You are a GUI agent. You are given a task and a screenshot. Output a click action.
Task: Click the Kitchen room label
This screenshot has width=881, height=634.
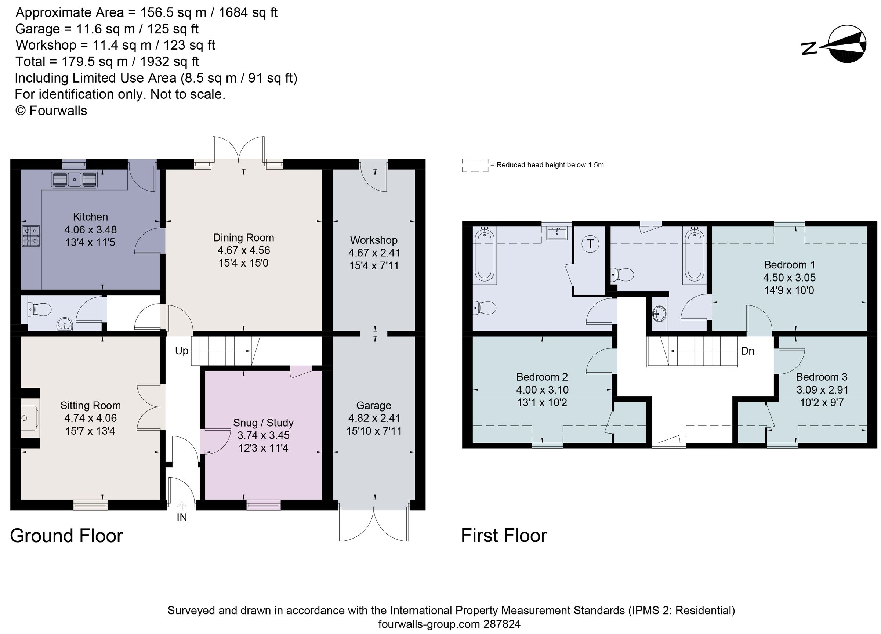tap(90, 217)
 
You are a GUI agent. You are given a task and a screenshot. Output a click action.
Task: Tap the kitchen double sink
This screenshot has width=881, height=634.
tap(74, 180)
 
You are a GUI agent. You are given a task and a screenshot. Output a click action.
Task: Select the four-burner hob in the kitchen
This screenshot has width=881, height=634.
tap(31, 236)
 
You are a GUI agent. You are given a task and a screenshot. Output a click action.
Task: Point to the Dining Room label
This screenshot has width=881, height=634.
tap(243, 238)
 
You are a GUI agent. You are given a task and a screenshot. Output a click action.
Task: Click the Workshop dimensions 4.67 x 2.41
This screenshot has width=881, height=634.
tap(374, 253)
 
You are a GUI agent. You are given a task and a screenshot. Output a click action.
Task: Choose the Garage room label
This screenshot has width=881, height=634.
tap(373, 406)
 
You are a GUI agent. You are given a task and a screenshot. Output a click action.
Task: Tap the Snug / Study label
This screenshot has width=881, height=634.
tap(263, 423)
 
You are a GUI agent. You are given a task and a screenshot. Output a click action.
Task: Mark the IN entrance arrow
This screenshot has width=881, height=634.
tap(182, 506)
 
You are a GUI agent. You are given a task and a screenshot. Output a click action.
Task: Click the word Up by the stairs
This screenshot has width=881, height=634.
tap(181, 351)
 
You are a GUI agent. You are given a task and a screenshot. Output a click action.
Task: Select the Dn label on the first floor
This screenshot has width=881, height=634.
tap(747, 351)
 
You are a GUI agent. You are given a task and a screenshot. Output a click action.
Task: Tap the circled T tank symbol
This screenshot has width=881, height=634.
tap(590, 244)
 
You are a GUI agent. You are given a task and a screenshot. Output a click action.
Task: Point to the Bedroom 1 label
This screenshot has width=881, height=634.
tap(789, 265)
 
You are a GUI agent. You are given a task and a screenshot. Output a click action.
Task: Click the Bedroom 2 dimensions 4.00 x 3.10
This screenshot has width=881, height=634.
tap(542, 390)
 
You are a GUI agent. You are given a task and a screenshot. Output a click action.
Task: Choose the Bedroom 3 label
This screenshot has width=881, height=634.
tap(822, 377)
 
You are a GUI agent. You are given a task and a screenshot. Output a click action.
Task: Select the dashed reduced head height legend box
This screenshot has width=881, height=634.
tap(475, 166)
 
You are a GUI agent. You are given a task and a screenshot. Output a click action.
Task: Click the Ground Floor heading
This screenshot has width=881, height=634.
tap(66, 536)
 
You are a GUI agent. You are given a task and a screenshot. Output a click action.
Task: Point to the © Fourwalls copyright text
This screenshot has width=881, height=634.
tap(51, 111)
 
